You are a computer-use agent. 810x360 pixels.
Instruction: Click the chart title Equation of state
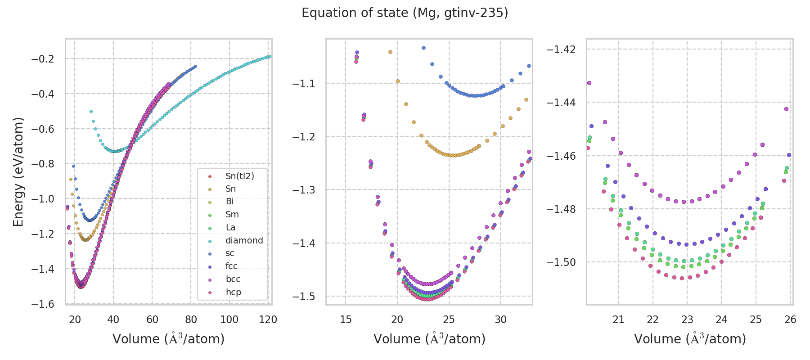point(405,13)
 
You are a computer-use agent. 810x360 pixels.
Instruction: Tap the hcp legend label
point(233,292)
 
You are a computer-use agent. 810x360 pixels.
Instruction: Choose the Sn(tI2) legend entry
point(239,176)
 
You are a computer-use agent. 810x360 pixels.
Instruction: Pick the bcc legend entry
point(233,279)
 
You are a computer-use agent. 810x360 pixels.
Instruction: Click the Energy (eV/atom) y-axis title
point(18,172)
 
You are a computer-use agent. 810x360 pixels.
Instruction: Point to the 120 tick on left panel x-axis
point(268,319)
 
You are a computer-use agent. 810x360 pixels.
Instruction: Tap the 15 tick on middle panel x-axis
point(346,319)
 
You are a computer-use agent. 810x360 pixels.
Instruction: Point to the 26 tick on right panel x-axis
point(790,319)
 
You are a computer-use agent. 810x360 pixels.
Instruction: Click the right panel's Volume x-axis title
point(690,339)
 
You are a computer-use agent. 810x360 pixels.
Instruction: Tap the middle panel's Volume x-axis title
point(429,339)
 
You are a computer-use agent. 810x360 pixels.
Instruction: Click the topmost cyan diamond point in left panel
point(91,111)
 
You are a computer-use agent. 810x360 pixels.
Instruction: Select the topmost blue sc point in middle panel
point(423,48)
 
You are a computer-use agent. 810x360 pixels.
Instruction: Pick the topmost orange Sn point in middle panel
point(390,52)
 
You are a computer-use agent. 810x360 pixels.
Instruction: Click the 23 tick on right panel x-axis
point(687,319)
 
